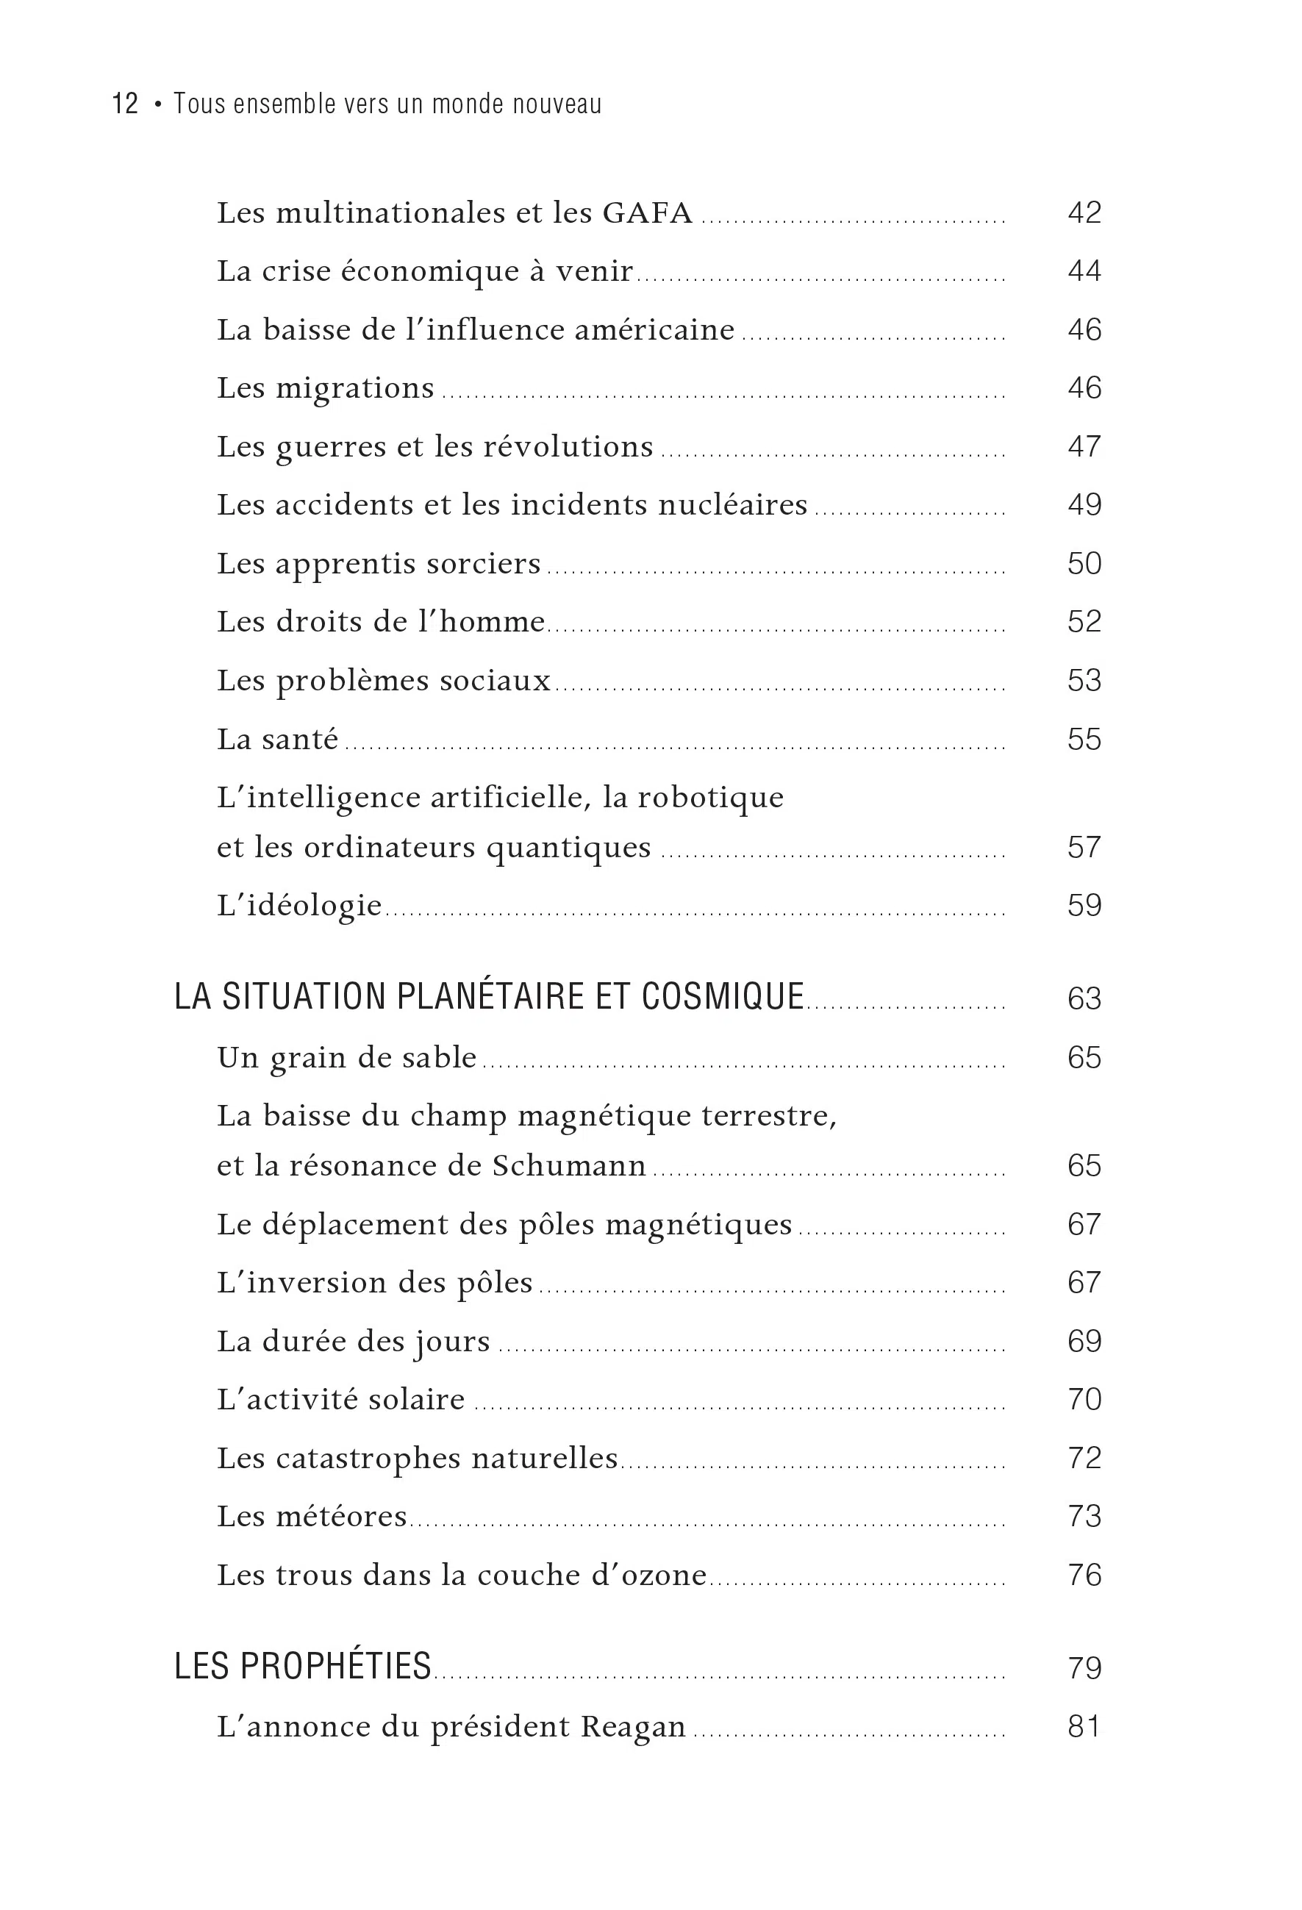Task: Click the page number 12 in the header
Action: pyautogui.click(x=125, y=104)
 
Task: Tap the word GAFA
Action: pyautogui.click(x=647, y=213)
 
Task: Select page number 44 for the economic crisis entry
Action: pyautogui.click(x=1084, y=271)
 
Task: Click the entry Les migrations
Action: pyautogui.click(x=325, y=388)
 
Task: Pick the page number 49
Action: pyautogui.click(x=1084, y=504)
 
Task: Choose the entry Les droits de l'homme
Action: pyautogui.click(x=381, y=622)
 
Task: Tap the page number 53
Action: pyautogui.click(x=1084, y=681)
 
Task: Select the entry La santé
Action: pyautogui.click(x=277, y=739)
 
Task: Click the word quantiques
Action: pyautogui.click(x=568, y=848)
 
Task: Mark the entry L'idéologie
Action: pyautogui.click(x=299, y=906)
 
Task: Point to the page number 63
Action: pyautogui.click(x=1084, y=998)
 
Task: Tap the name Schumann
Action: pyautogui.click(x=569, y=1166)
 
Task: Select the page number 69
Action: pyautogui.click(x=1084, y=1341)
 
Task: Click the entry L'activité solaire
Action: pyautogui.click(x=340, y=1400)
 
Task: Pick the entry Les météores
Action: pyautogui.click(x=312, y=1517)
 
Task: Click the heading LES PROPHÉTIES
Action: pyautogui.click(x=302, y=1666)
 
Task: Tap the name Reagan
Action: pyautogui.click(x=633, y=1727)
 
